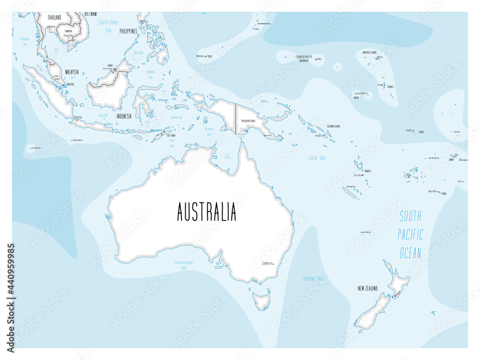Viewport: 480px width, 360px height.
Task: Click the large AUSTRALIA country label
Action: click(206, 212)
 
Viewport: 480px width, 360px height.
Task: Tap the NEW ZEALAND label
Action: click(368, 288)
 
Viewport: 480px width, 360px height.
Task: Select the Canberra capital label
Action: click(267, 263)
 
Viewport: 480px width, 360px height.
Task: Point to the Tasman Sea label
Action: click(312, 278)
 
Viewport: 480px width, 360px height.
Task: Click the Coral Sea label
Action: click(317, 157)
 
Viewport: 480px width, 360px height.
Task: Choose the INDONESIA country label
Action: click(120, 116)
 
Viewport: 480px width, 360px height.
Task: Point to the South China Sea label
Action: click(108, 26)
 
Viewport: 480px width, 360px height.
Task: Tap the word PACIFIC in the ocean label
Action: click(411, 234)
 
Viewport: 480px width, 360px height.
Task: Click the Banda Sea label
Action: click(176, 117)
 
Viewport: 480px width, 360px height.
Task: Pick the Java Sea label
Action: click(103, 115)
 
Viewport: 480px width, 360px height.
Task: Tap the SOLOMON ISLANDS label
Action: click(334, 126)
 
